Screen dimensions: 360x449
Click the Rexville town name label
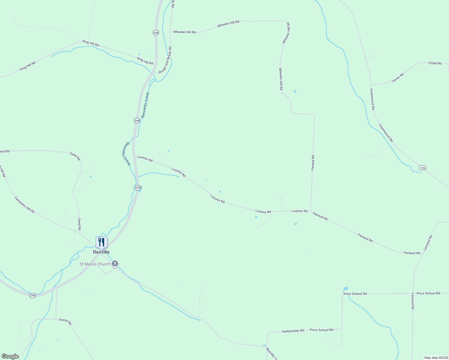pyautogui.click(x=101, y=252)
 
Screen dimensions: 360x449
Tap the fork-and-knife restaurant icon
pyautogui.click(x=101, y=242)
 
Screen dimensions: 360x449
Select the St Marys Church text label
pyautogui.click(x=95, y=264)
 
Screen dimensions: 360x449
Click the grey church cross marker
pyautogui.click(x=115, y=264)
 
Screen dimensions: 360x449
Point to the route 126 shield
pyautogui.click(x=423, y=168)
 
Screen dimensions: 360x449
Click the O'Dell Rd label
pyautogui.click(x=435, y=63)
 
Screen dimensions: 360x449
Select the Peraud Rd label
pyautogui.click(x=313, y=163)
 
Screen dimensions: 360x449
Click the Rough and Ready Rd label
pyautogui.click(x=165, y=60)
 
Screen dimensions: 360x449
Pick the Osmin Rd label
pyautogui.click(x=65, y=321)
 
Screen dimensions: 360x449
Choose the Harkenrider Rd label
pyautogui.click(x=293, y=331)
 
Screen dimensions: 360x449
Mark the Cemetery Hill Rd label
pyautogui.click(x=25, y=205)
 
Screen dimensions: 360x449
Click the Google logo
pyautogui.click(x=10, y=356)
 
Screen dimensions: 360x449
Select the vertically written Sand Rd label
pyautogui.click(x=79, y=224)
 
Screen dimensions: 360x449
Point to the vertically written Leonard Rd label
pyautogui.click(x=413, y=301)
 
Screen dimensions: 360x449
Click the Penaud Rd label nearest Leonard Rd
pyautogui.click(x=412, y=253)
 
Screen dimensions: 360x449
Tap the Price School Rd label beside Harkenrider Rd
pyautogui.click(x=321, y=330)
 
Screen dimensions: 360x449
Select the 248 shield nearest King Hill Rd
pyautogui.click(x=155, y=32)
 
